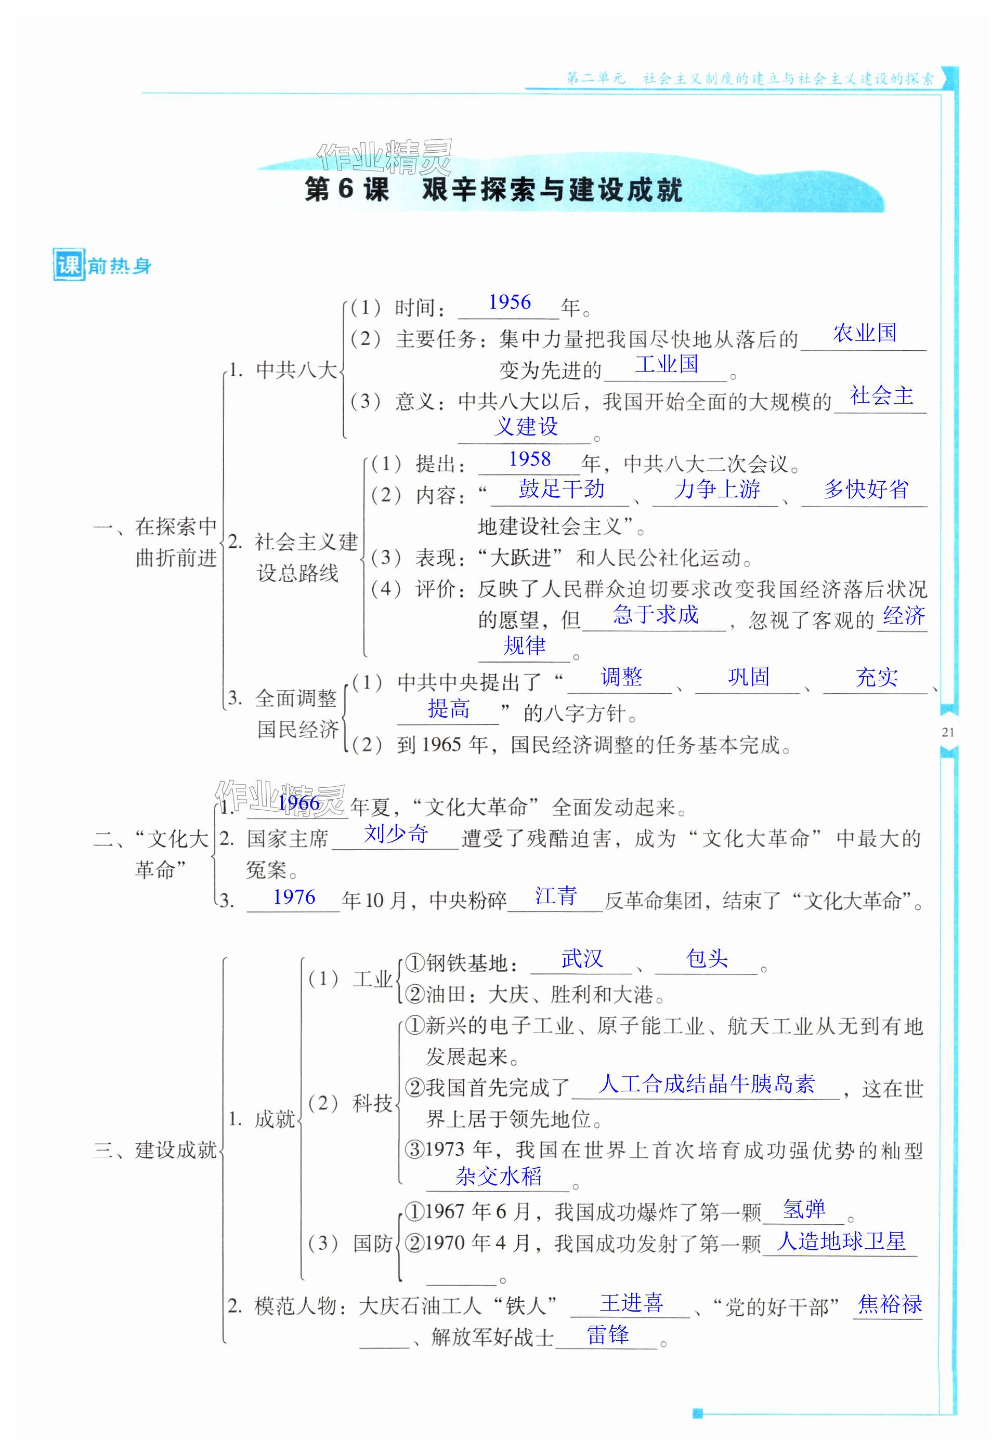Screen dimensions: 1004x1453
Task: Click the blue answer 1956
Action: (x=510, y=302)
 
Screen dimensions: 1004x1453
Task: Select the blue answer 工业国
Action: (x=666, y=364)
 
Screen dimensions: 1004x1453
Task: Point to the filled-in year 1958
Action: (x=530, y=459)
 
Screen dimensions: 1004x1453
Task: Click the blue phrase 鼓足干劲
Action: (x=561, y=489)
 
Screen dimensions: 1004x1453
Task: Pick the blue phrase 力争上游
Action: (x=717, y=489)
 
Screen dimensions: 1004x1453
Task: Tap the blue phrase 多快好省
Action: (x=866, y=489)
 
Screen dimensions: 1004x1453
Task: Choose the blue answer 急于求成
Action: (x=656, y=614)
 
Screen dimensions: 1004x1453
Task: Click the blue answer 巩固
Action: (x=749, y=677)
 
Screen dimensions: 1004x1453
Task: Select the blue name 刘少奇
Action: (x=396, y=834)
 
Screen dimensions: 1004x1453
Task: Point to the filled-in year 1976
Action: (x=294, y=896)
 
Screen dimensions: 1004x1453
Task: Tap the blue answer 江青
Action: (x=556, y=896)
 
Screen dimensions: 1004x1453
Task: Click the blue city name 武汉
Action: (x=582, y=959)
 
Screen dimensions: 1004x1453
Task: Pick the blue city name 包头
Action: (x=707, y=959)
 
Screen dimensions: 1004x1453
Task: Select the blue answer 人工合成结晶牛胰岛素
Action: (x=707, y=1084)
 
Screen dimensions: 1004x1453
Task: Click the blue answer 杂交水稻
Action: (x=499, y=1177)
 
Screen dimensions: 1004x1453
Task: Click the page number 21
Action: (x=949, y=732)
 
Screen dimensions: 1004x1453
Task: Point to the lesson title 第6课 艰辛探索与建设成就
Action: (x=493, y=189)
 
